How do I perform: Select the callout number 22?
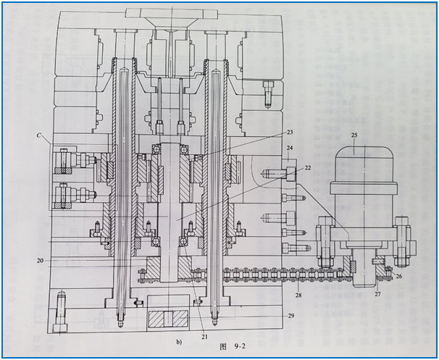(308, 168)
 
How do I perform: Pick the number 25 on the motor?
(354, 135)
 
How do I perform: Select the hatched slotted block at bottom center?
(168, 319)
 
